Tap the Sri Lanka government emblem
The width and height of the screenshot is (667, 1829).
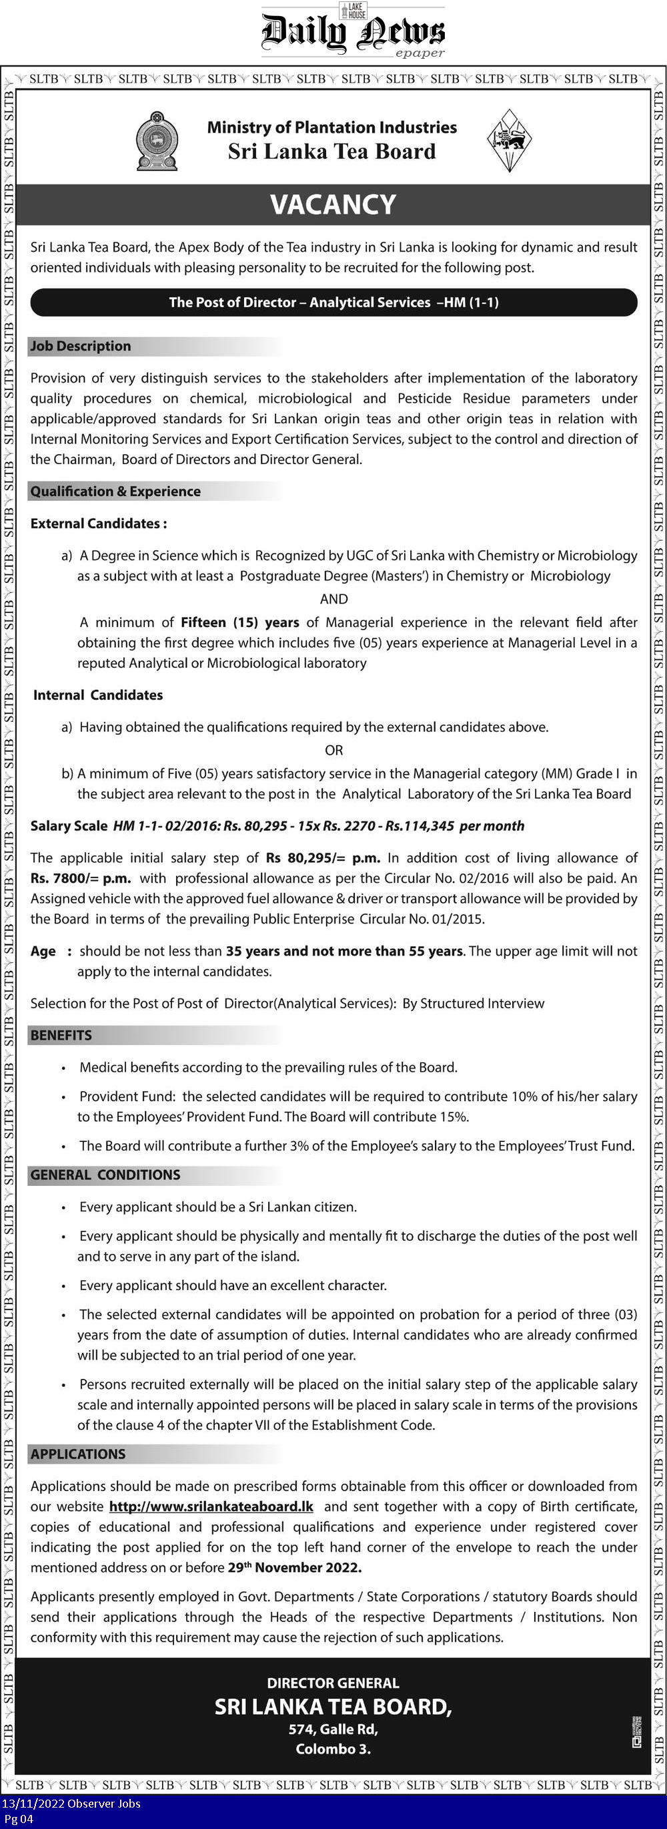pyautogui.click(x=157, y=141)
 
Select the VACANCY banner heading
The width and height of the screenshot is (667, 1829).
pyautogui.click(x=333, y=204)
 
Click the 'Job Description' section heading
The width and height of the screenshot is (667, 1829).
pyautogui.click(x=81, y=346)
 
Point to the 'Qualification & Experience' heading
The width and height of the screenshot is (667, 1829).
pyautogui.click(x=115, y=491)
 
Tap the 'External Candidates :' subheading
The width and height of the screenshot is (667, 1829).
pyautogui.click(x=99, y=524)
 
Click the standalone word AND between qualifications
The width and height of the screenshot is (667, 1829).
pyautogui.click(x=333, y=598)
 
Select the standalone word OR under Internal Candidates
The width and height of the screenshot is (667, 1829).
pyautogui.click(x=333, y=750)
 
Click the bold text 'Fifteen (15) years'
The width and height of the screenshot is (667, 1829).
pyautogui.click(x=240, y=622)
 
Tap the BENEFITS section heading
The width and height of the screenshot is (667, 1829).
pyautogui.click(x=61, y=1035)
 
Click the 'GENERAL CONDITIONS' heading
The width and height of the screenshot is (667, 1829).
pyautogui.click(x=105, y=1175)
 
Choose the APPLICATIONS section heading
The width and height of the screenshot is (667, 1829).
pyautogui.click(x=78, y=1454)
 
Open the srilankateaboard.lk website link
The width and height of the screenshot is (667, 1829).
pyautogui.click(x=211, y=1506)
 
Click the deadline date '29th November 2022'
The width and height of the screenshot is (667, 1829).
pyautogui.click(x=294, y=1567)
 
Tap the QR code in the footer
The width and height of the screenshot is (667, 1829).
pyautogui.click(x=636, y=1732)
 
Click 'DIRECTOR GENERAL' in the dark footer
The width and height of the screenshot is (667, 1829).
pyautogui.click(x=333, y=1683)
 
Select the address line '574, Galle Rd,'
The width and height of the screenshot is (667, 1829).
pyautogui.click(x=333, y=1729)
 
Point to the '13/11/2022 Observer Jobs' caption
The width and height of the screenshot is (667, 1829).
pyautogui.click(x=71, y=1804)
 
